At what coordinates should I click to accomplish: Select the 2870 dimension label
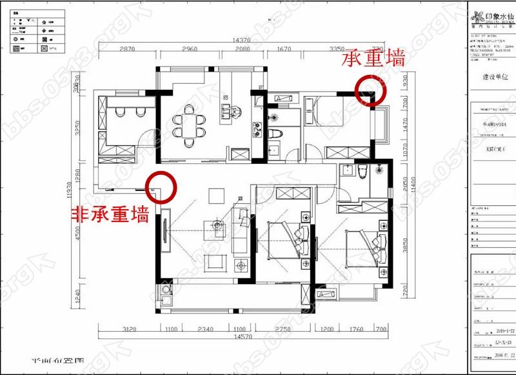click(x=126, y=49)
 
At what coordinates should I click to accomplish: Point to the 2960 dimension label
click(x=189, y=49)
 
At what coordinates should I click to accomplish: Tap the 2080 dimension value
click(x=242, y=49)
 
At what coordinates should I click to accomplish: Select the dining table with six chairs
click(x=188, y=123)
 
